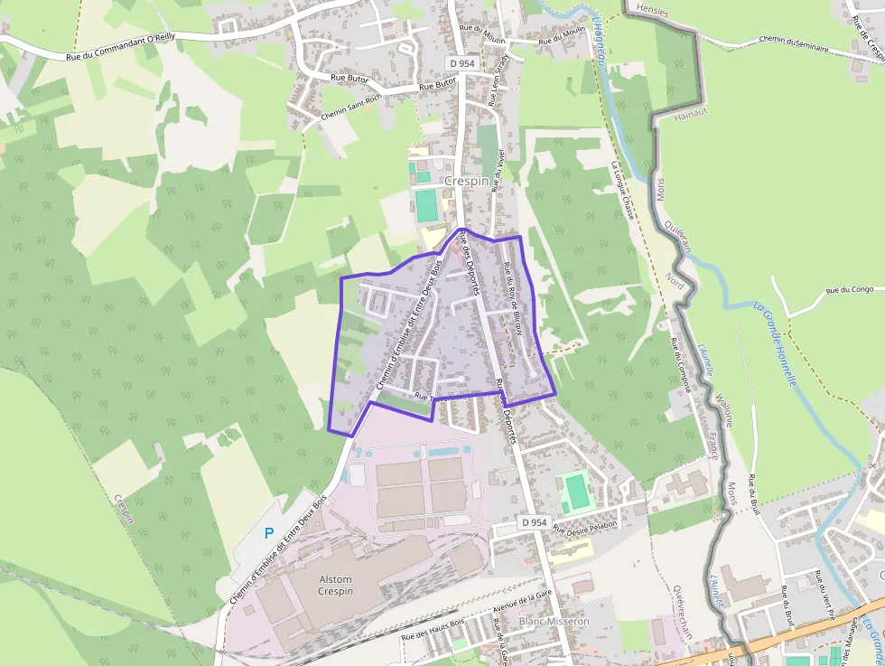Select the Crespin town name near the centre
click(466, 181)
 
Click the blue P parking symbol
click(268, 533)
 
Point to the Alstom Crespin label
click(335, 586)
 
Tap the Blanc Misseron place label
click(554, 622)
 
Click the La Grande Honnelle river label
click(775, 343)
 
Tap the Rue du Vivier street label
click(498, 162)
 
